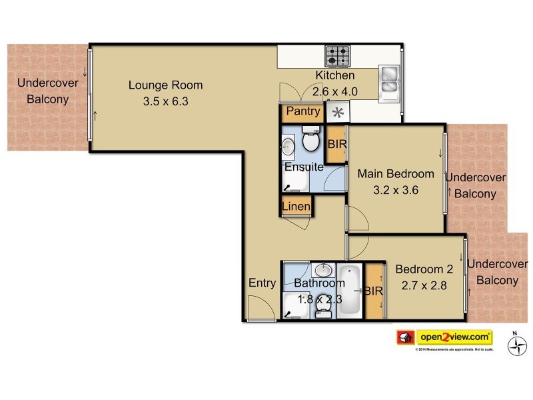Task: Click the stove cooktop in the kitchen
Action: [338, 55]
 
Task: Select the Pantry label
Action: [303, 111]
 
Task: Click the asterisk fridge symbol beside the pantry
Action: [337, 113]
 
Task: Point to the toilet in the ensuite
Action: [310, 139]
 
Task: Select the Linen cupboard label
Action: [296, 207]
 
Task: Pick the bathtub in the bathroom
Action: [350, 291]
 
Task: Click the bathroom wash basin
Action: [322, 270]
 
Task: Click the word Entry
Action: [262, 283]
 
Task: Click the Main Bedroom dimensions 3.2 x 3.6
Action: [396, 189]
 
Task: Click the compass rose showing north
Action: [516, 345]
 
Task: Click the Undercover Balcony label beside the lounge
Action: [47, 91]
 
